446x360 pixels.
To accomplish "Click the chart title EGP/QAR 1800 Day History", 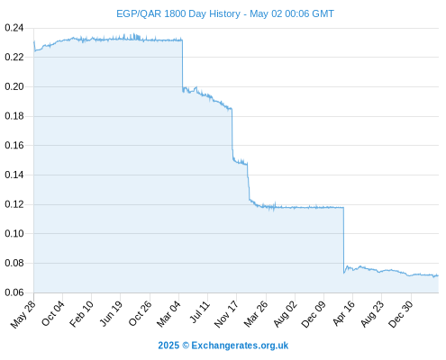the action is tap(178, 13).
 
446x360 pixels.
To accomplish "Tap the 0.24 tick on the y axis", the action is tap(14, 28).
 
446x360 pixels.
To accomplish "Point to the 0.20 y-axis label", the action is tap(14, 86).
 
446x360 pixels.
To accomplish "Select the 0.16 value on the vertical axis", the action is tap(14, 146).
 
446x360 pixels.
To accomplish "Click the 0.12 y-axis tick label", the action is tap(14, 204).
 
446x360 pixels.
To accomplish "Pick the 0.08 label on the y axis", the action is tap(14, 263).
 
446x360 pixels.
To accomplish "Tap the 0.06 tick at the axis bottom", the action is tap(14, 292).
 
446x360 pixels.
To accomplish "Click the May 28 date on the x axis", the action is tap(23, 314).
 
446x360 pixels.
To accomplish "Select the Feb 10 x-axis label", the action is tap(81, 314).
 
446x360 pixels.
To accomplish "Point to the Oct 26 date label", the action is tap(141, 313).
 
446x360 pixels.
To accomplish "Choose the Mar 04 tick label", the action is tap(168, 314).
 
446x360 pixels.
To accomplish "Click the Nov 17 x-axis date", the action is tap(226, 314).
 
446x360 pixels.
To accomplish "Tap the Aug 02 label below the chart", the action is tap(286, 314).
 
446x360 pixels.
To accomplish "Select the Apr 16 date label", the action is tap(344, 313).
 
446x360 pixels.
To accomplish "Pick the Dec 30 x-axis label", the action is tap(401, 314).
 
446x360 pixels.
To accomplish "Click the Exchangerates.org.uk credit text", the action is tap(240, 346).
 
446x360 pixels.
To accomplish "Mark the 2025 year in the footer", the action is tap(168, 346).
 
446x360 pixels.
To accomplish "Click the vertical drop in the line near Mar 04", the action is tap(182, 65).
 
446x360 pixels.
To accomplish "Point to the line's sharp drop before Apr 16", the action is tap(343, 239).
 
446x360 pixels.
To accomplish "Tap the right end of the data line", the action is tap(438, 275).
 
